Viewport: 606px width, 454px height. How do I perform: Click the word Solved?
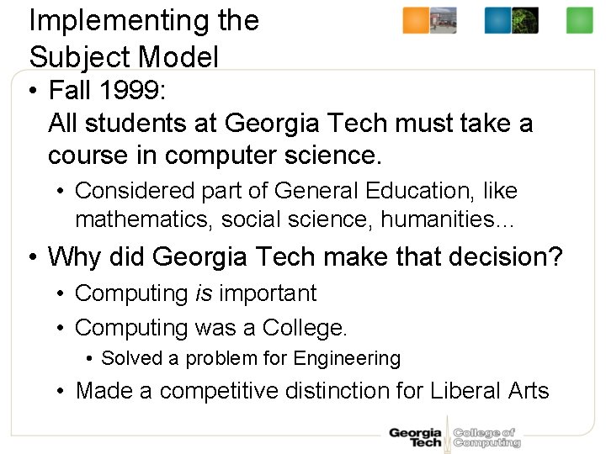coord(131,358)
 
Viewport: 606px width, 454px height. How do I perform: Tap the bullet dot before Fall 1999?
coord(35,90)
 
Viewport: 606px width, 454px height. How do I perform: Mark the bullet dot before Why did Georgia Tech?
coord(35,256)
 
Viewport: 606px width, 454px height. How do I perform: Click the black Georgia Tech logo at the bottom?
coord(415,437)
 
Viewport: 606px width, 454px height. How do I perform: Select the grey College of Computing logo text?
coord(486,437)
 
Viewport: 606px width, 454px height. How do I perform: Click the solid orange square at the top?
coord(415,20)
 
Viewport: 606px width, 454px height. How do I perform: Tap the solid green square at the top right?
coord(579,20)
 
